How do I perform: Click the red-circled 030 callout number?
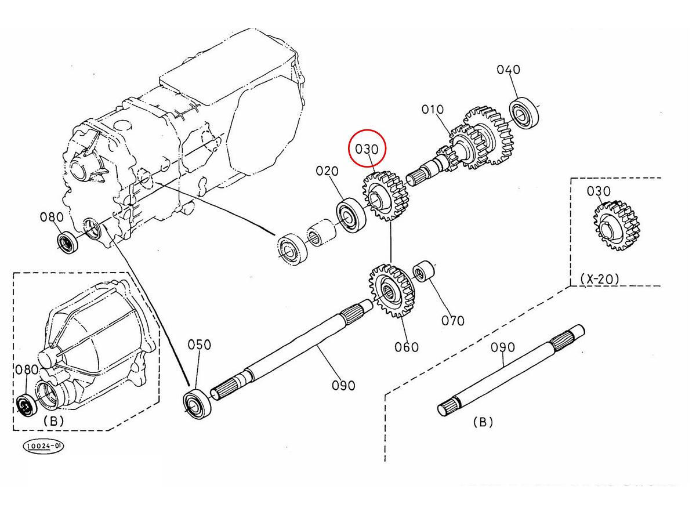point(367,149)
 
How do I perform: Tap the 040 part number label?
point(508,70)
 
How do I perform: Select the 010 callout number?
point(433,110)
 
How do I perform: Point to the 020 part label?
point(327,171)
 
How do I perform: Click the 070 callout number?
point(453,321)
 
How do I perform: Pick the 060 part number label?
point(407,347)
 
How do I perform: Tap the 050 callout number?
point(199,345)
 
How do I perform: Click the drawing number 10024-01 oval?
point(43,446)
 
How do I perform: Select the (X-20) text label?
point(600,279)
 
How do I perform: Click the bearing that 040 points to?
point(524,113)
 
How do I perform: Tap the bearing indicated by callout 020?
point(351,215)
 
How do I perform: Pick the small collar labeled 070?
point(423,271)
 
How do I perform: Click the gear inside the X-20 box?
point(616,226)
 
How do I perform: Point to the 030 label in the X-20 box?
point(599,191)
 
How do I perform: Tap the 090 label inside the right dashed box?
point(503,347)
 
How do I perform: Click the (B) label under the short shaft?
point(483,422)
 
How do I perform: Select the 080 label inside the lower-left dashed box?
point(27,369)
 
